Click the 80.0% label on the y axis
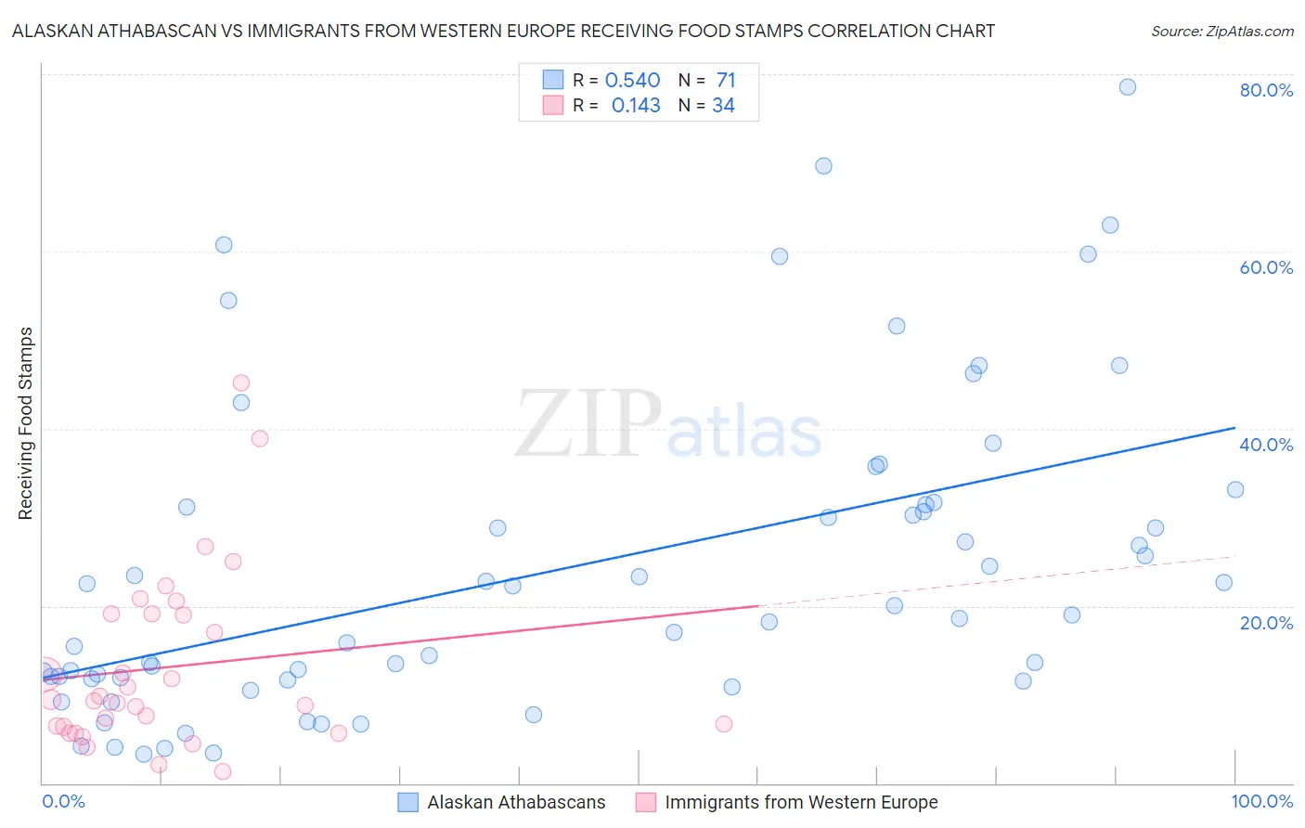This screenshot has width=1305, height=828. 1266,90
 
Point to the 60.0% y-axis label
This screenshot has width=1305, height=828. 1266,267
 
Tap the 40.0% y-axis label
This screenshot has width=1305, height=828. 1266,445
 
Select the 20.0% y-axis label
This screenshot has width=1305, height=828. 1266,622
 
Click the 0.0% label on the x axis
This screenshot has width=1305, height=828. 63,801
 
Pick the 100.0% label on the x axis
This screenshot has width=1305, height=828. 1261,801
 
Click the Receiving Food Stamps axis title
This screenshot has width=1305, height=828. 26,423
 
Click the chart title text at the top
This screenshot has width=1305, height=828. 503,31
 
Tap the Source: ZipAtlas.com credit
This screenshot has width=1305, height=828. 1221,31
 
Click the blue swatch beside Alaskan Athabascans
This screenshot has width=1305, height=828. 408,802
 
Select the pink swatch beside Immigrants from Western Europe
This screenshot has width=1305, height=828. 646,802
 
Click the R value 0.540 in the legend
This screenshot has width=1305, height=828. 632,81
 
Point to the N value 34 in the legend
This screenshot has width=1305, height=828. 723,106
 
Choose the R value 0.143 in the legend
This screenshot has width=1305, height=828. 636,106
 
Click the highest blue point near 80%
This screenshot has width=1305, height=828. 1128,87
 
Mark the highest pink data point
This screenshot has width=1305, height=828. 241,382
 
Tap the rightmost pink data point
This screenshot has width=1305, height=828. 724,724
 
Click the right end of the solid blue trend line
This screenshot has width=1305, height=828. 1234,428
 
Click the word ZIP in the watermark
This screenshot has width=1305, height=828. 588,425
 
